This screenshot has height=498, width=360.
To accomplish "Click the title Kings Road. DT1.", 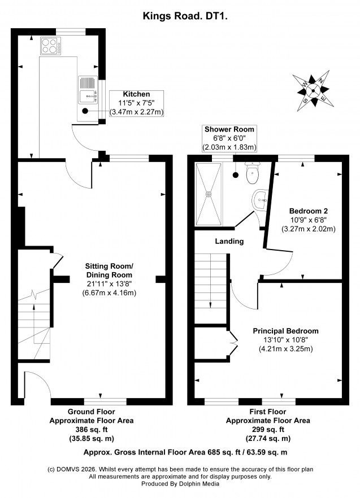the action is [x=185, y=16].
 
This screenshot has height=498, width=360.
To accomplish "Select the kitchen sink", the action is [x=88, y=90].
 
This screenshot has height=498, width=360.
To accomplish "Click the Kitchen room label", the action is [x=136, y=94].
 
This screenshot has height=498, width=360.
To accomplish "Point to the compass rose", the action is [x=313, y=90].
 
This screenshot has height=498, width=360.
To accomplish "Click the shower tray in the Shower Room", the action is [x=209, y=194].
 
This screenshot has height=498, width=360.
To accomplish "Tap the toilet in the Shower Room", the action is [x=253, y=173].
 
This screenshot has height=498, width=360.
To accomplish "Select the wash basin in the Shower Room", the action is [x=260, y=200].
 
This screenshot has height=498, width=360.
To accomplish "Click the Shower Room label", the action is [x=229, y=129].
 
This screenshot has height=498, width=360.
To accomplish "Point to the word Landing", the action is [x=229, y=242].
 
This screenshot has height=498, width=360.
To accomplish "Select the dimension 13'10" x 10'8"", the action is [x=285, y=340].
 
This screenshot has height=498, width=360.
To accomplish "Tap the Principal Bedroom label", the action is [x=285, y=331].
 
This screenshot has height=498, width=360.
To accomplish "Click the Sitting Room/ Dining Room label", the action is [x=109, y=270].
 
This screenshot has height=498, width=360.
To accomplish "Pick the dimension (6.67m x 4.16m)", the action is [x=109, y=293].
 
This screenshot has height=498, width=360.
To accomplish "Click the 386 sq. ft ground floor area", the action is [x=92, y=430].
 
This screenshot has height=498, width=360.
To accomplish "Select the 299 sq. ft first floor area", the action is [x=268, y=430].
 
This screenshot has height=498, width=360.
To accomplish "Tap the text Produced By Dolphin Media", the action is [x=180, y=484].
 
